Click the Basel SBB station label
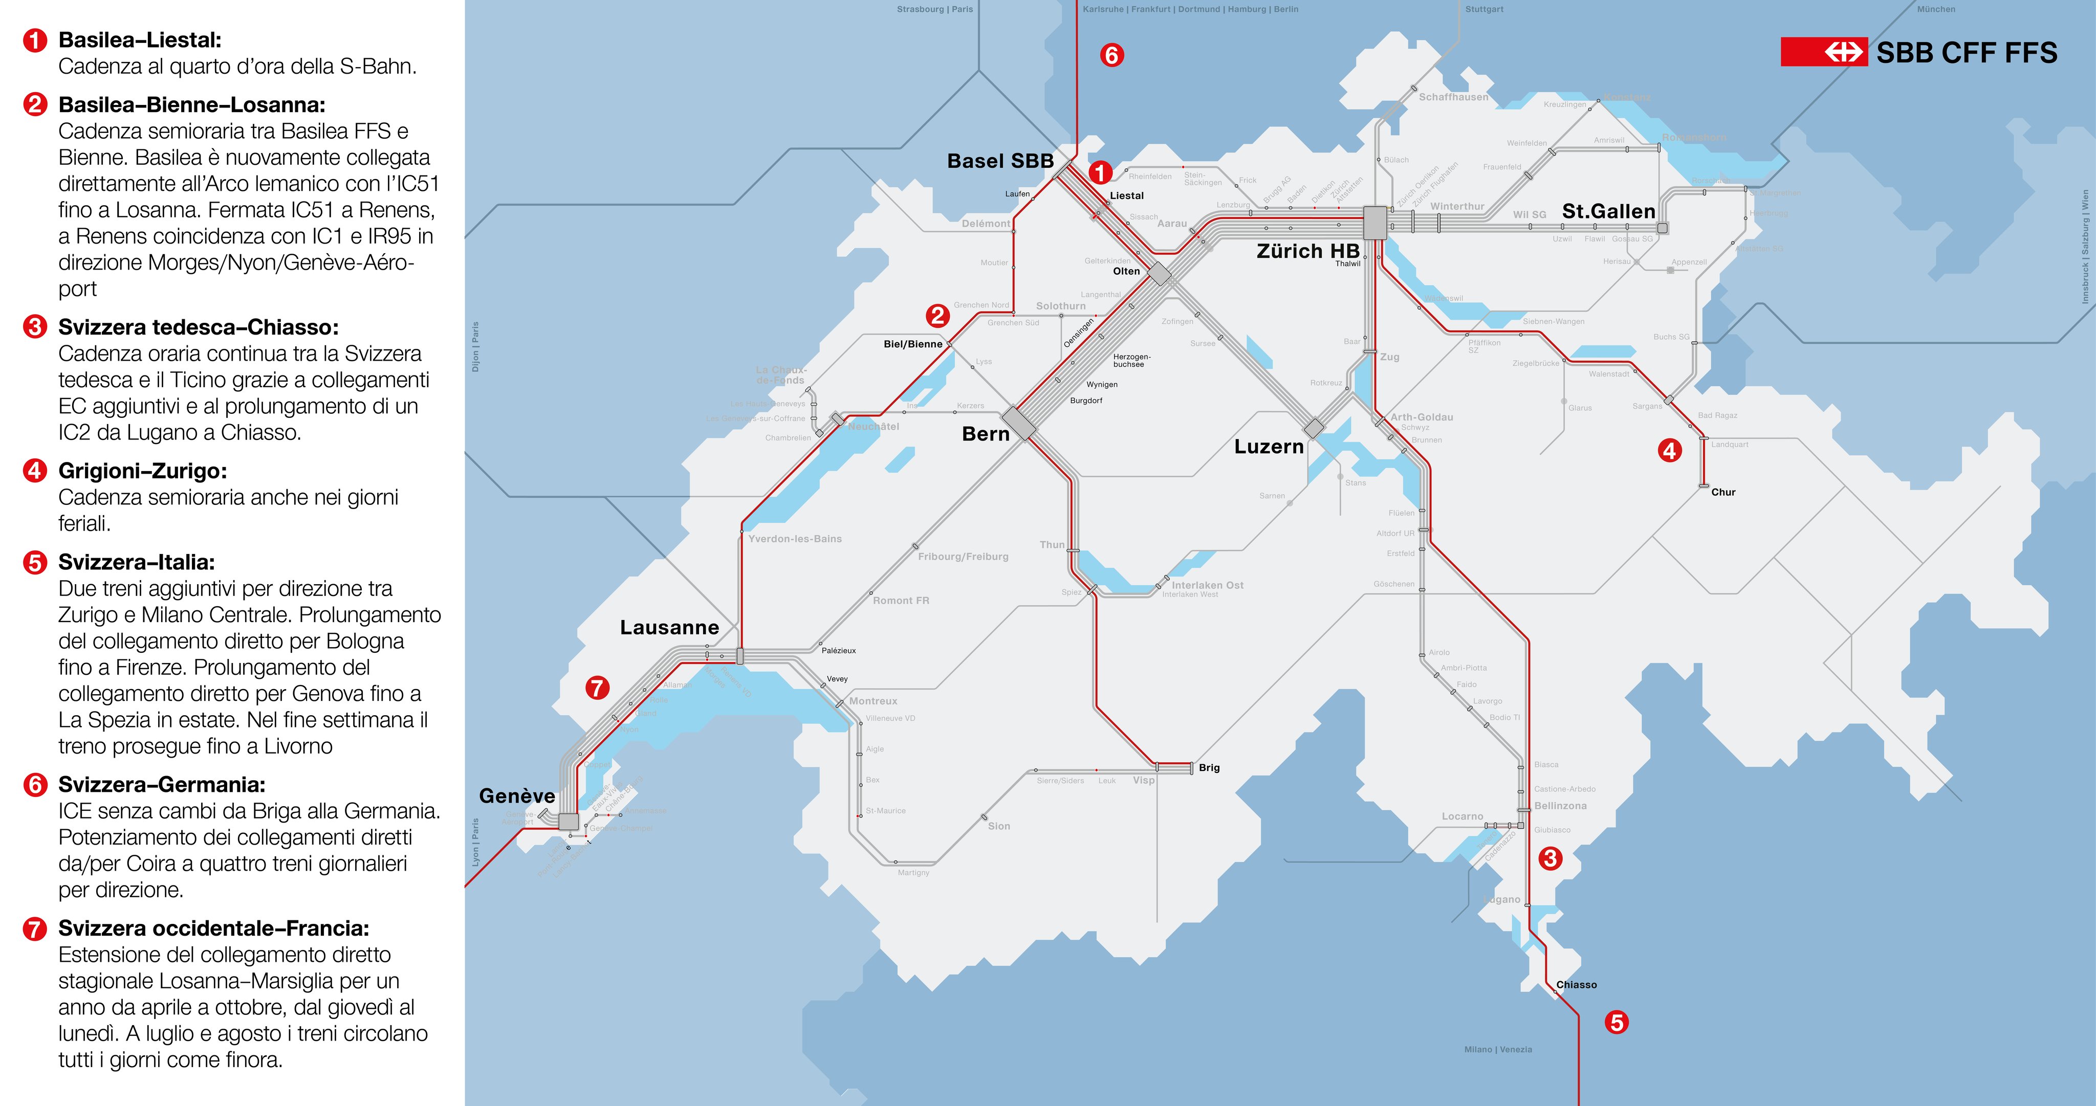pyautogui.click(x=1000, y=161)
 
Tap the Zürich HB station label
pyautogui.click(x=1307, y=251)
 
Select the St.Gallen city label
pyautogui.click(x=1608, y=211)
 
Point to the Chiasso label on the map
pyautogui.click(x=1576, y=985)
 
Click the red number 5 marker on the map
pyautogui.click(x=1617, y=1022)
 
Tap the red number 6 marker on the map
pyautogui.click(x=1111, y=55)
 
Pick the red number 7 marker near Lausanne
pyautogui.click(x=597, y=688)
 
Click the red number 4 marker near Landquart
pyautogui.click(x=1670, y=451)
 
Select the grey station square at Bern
pyautogui.click(x=1019, y=424)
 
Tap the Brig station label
pyautogui.click(x=1209, y=768)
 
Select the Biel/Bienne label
pyautogui.click(x=912, y=344)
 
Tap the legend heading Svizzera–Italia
pyautogui.click(x=137, y=562)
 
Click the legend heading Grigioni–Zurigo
pyautogui.click(x=142, y=471)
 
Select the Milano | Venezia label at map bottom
pyautogui.click(x=1497, y=1049)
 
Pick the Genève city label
pyautogui.click(x=517, y=796)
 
